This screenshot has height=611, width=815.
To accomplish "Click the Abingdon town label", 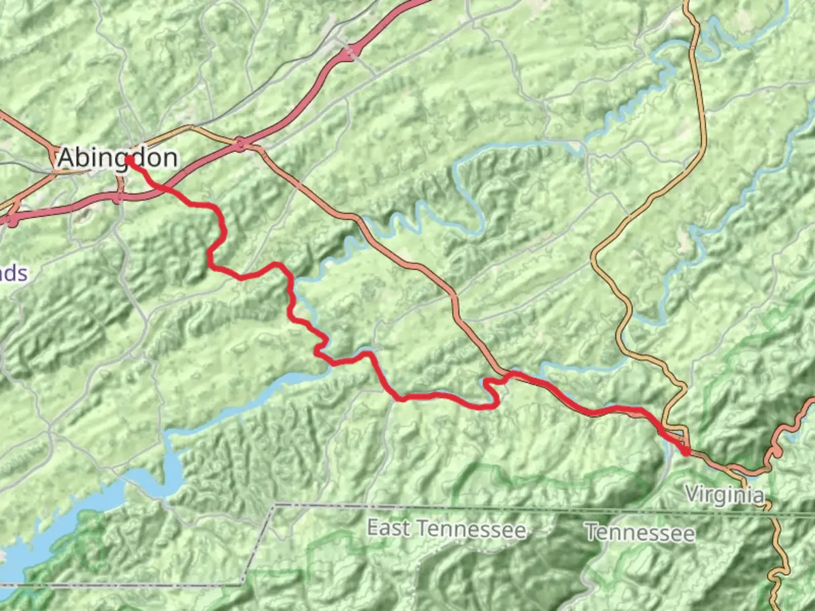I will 118,157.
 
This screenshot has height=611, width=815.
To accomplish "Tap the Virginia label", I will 725,494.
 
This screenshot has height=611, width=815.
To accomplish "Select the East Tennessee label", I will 447,529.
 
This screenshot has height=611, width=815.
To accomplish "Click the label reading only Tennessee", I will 640,532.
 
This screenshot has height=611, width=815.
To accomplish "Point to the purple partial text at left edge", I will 12,274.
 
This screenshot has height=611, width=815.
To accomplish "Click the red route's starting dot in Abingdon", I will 129,160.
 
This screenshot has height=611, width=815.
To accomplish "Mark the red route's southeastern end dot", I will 686,451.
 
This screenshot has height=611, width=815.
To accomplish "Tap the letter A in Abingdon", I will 66,157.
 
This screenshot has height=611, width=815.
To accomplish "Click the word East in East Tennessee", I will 388,528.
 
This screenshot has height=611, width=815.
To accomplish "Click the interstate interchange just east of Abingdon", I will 242,145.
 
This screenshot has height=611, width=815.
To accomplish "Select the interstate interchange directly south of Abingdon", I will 119,197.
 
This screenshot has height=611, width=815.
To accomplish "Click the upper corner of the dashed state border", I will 274,505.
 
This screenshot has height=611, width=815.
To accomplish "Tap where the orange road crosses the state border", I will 770,513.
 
